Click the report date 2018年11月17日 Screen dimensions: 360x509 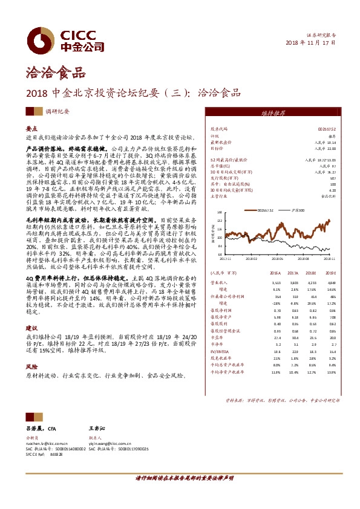click(x=310, y=44)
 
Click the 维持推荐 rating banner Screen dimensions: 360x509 click(x=273, y=113)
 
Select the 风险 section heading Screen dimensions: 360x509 click(x=32, y=366)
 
